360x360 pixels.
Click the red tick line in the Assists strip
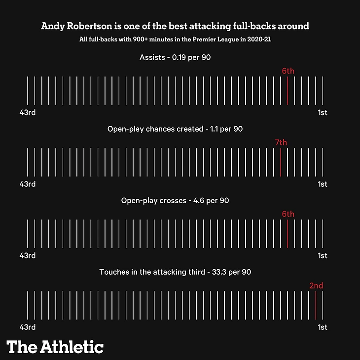pyautogui.click(x=288, y=90)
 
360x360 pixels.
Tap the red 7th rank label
pyautogui.click(x=281, y=143)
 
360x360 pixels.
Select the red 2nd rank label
pyautogui.click(x=316, y=286)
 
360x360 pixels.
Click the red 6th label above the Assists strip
pyautogui.click(x=288, y=71)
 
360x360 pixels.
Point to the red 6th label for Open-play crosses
pyautogui.click(x=288, y=214)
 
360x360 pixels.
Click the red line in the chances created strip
pyautogui.click(x=281, y=162)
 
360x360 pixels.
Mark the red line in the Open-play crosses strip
pyautogui.click(x=288, y=233)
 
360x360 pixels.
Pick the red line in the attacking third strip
pyautogui.click(x=316, y=305)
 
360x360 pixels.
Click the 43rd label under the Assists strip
pyautogui.click(x=28, y=112)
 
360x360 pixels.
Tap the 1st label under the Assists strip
pyautogui.click(x=323, y=112)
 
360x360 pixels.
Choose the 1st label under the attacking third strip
pyautogui.click(x=323, y=327)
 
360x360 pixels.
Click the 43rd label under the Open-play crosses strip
pyautogui.click(x=28, y=255)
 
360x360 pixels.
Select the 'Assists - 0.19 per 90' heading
pyautogui.click(x=175, y=58)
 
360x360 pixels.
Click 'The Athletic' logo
pyautogui.click(x=55, y=347)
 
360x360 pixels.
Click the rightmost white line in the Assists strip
pyautogui.click(x=323, y=90)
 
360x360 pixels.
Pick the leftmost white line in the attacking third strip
pyautogui.click(x=28, y=305)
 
